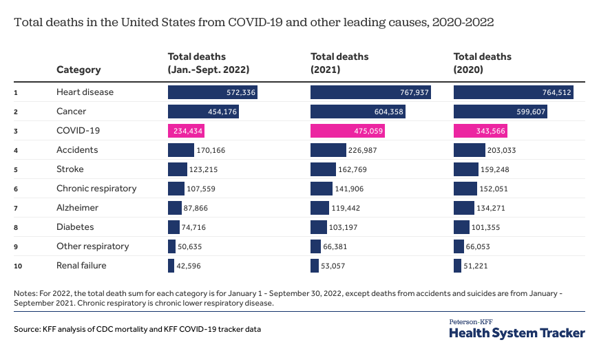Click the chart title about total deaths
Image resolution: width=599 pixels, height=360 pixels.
[253, 22]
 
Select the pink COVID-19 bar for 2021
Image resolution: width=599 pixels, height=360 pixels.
[347, 131]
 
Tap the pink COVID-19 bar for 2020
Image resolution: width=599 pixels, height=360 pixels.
[480, 131]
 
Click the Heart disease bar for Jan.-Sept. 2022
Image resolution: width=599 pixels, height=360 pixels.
[212, 92]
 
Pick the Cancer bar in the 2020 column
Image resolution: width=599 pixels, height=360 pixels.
[501, 112]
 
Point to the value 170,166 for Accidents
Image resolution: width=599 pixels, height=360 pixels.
[213, 150]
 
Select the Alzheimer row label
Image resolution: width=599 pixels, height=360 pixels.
[77, 208]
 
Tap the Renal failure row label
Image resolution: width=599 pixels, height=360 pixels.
[81, 265]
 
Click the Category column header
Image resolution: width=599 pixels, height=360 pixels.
[78, 70]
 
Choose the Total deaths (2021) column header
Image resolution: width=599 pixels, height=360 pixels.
[339, 63]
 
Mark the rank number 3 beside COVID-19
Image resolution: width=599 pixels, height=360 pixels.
[15, 131]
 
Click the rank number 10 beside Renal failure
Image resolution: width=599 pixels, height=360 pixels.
[17, 266]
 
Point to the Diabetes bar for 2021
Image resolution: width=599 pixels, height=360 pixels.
[318, 227]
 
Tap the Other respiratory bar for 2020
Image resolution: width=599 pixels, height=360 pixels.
[459, 246]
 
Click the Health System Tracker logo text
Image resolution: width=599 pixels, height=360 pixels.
[516, 332]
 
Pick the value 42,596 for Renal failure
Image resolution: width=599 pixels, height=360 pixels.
[190, 266]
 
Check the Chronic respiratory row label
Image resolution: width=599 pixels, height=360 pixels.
[96, 189]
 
